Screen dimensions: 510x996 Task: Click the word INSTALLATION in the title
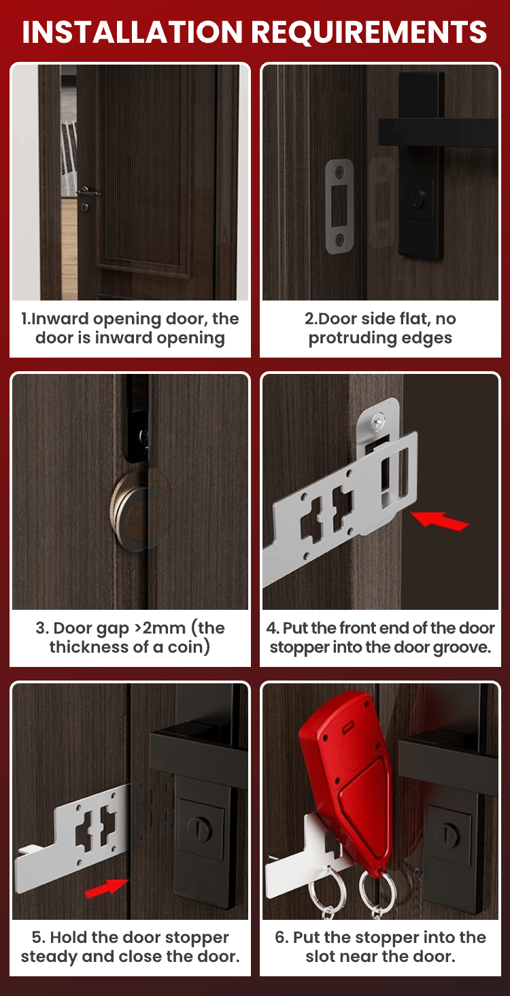(x=132, y=31)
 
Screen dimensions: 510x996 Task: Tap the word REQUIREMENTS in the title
(x=369, y=31)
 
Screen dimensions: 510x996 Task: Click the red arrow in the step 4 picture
(x=439, y=520)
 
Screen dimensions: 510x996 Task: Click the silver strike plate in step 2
(x=339, y=206)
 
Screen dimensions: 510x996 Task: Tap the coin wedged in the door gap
(x=130, y=511)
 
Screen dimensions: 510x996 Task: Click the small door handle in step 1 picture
(x=88, y=192)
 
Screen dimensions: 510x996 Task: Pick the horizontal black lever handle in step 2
(x=438, y=133)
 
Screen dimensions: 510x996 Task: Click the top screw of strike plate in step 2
(x=339, y=171)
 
